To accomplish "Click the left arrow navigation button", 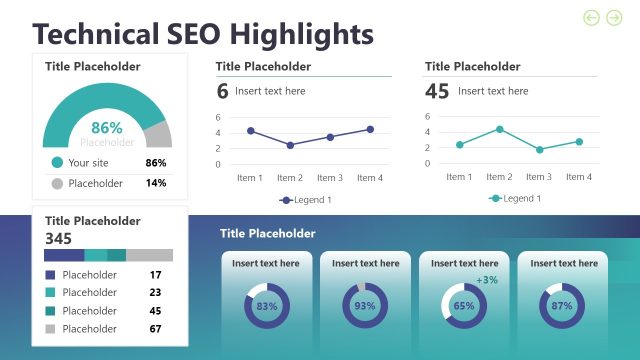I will pos(591,17).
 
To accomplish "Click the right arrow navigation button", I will pos(614,17).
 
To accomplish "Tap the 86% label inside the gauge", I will pos(107,128).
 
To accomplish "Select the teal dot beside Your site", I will pos(57,162).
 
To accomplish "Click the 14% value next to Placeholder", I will pos(156,183).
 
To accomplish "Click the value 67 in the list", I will pos(155,328).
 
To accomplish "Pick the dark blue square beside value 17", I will pos(50,275).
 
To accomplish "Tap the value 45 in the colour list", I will pos(155,310).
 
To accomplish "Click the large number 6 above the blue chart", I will pos(222,91).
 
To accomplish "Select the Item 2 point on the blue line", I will pos(290,145).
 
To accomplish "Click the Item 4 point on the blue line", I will pos(370,129).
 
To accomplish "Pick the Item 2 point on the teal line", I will pos(499,129).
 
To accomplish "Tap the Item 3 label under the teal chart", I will pos(539,177).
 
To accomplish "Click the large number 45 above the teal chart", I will pos(437,91).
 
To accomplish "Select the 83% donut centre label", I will pos(267,306).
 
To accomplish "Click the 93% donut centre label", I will pos(365,306).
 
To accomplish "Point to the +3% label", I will pos(487,280).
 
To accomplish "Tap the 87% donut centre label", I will pos(562,306).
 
